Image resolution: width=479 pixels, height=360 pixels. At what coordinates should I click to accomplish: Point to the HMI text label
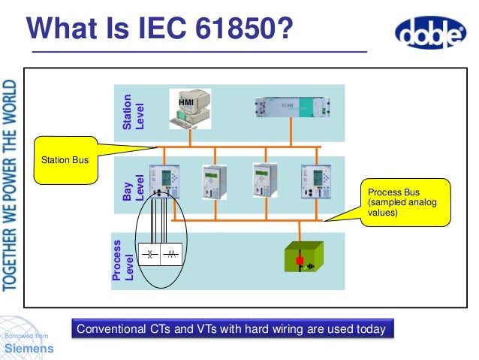point(186,101)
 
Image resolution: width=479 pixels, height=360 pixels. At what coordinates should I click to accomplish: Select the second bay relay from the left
point(209,181)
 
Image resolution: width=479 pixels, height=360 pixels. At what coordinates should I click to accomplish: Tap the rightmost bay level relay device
point(310,180)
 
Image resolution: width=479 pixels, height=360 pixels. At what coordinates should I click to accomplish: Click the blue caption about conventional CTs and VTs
point(232,329)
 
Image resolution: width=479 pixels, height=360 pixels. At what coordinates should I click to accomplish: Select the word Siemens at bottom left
point(29,349)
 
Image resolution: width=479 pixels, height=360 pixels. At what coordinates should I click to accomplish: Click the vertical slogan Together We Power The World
point(11,183)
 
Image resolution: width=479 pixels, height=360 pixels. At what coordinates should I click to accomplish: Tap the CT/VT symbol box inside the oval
point(161,256)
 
